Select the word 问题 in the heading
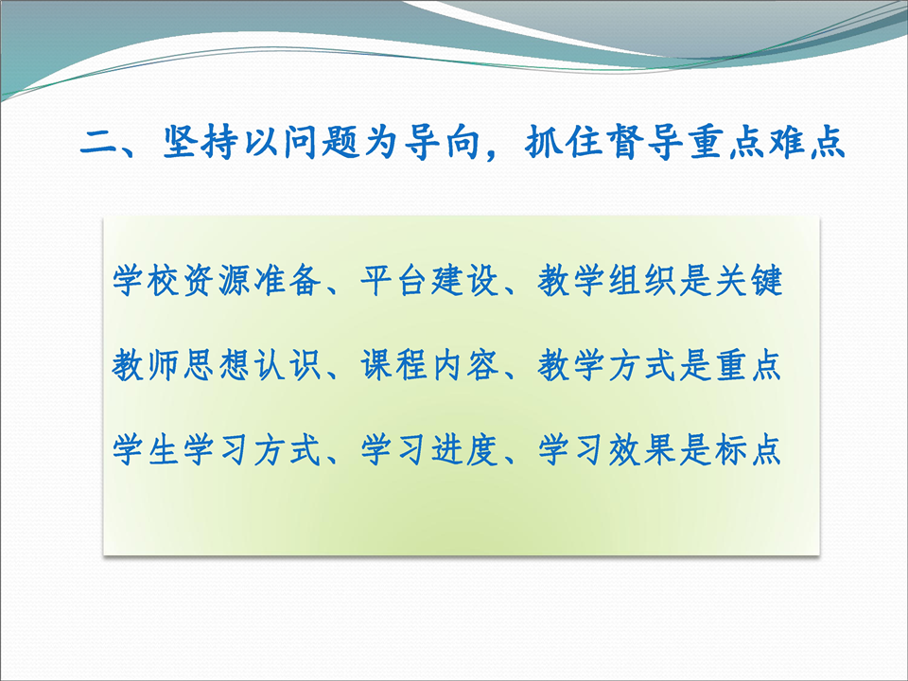click(321, 142)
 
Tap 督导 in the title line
click(643, 142)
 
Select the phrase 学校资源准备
click(217, 281)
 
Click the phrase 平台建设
click(429, 281)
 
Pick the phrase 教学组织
click(606, 281)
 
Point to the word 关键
click(748, 281)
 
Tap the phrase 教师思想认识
click(217, 365)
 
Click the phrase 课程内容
click(429, 365)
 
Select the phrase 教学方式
click(606, 365)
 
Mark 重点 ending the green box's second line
click(748, 365)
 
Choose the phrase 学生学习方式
click(217, 450)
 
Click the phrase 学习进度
click(429, 450)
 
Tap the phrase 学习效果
click(606, 450)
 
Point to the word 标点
click(748, 450)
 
